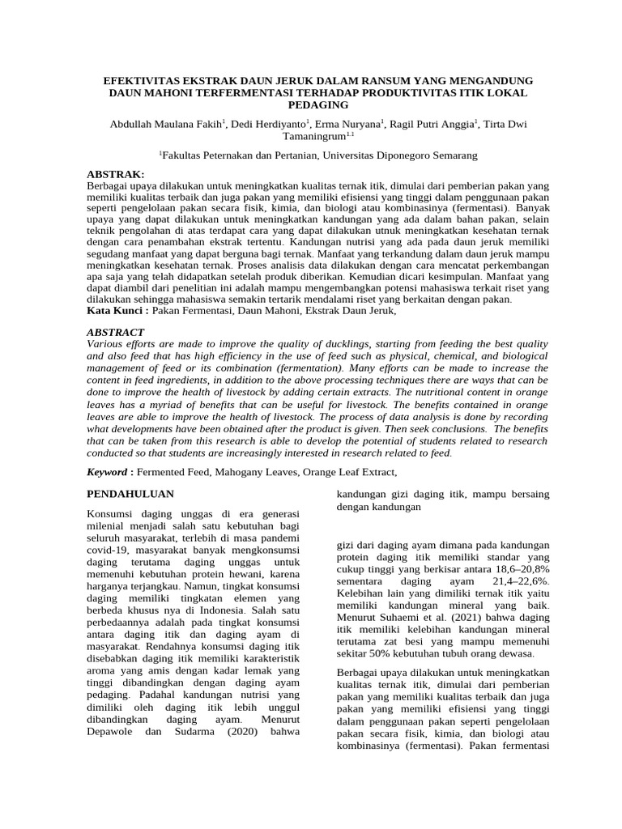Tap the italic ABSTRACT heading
(x=115, y=332)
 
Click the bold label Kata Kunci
(x=112, y=310)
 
